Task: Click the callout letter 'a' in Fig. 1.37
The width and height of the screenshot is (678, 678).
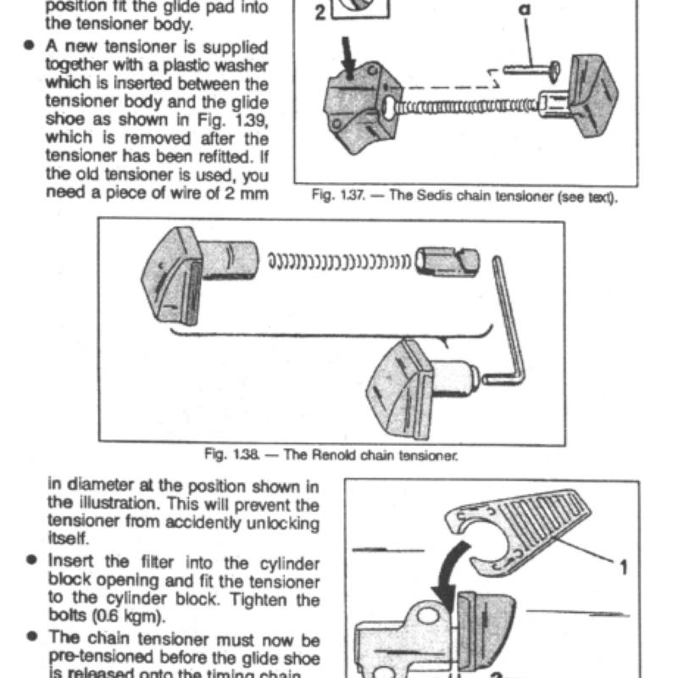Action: click(524, 9)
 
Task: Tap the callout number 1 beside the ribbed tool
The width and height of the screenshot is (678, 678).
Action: click(624, 567)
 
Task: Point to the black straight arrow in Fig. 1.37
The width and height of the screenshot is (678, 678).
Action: click(348, 58)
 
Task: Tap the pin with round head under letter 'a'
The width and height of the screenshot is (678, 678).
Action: click(532, 70)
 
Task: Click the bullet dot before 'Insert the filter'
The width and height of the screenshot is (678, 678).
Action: click(31, 559)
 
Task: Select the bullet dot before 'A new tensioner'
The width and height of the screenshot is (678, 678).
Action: click(29, 45)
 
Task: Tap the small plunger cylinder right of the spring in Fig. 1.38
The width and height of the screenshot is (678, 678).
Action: click(447, 261)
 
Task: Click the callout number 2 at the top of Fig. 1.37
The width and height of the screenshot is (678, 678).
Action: click(320, 12)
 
